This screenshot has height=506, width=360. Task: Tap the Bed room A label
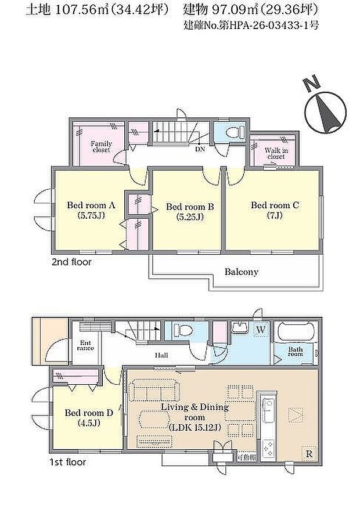pos(91,210)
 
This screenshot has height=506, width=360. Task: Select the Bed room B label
pos(190,211)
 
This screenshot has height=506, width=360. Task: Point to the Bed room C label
pos(275,209)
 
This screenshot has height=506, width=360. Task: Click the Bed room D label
pos(89,417)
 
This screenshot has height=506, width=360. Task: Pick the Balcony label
pos(242,272)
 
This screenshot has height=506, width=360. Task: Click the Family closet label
pos(101,147)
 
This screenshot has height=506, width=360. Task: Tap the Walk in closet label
pos(276,153)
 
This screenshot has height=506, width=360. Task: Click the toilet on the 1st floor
pos(183,330)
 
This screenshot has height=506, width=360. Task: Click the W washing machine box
pos(261,330)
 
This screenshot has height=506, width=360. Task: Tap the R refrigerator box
pos(309,454)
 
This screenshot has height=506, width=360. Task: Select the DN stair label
pos(200,150)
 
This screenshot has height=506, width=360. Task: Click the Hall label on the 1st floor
pos(161,356)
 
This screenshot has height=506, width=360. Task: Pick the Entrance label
pos(85,346)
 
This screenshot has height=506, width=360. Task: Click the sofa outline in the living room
pos(154,390)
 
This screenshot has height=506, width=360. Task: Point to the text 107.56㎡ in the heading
pos(77,10)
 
